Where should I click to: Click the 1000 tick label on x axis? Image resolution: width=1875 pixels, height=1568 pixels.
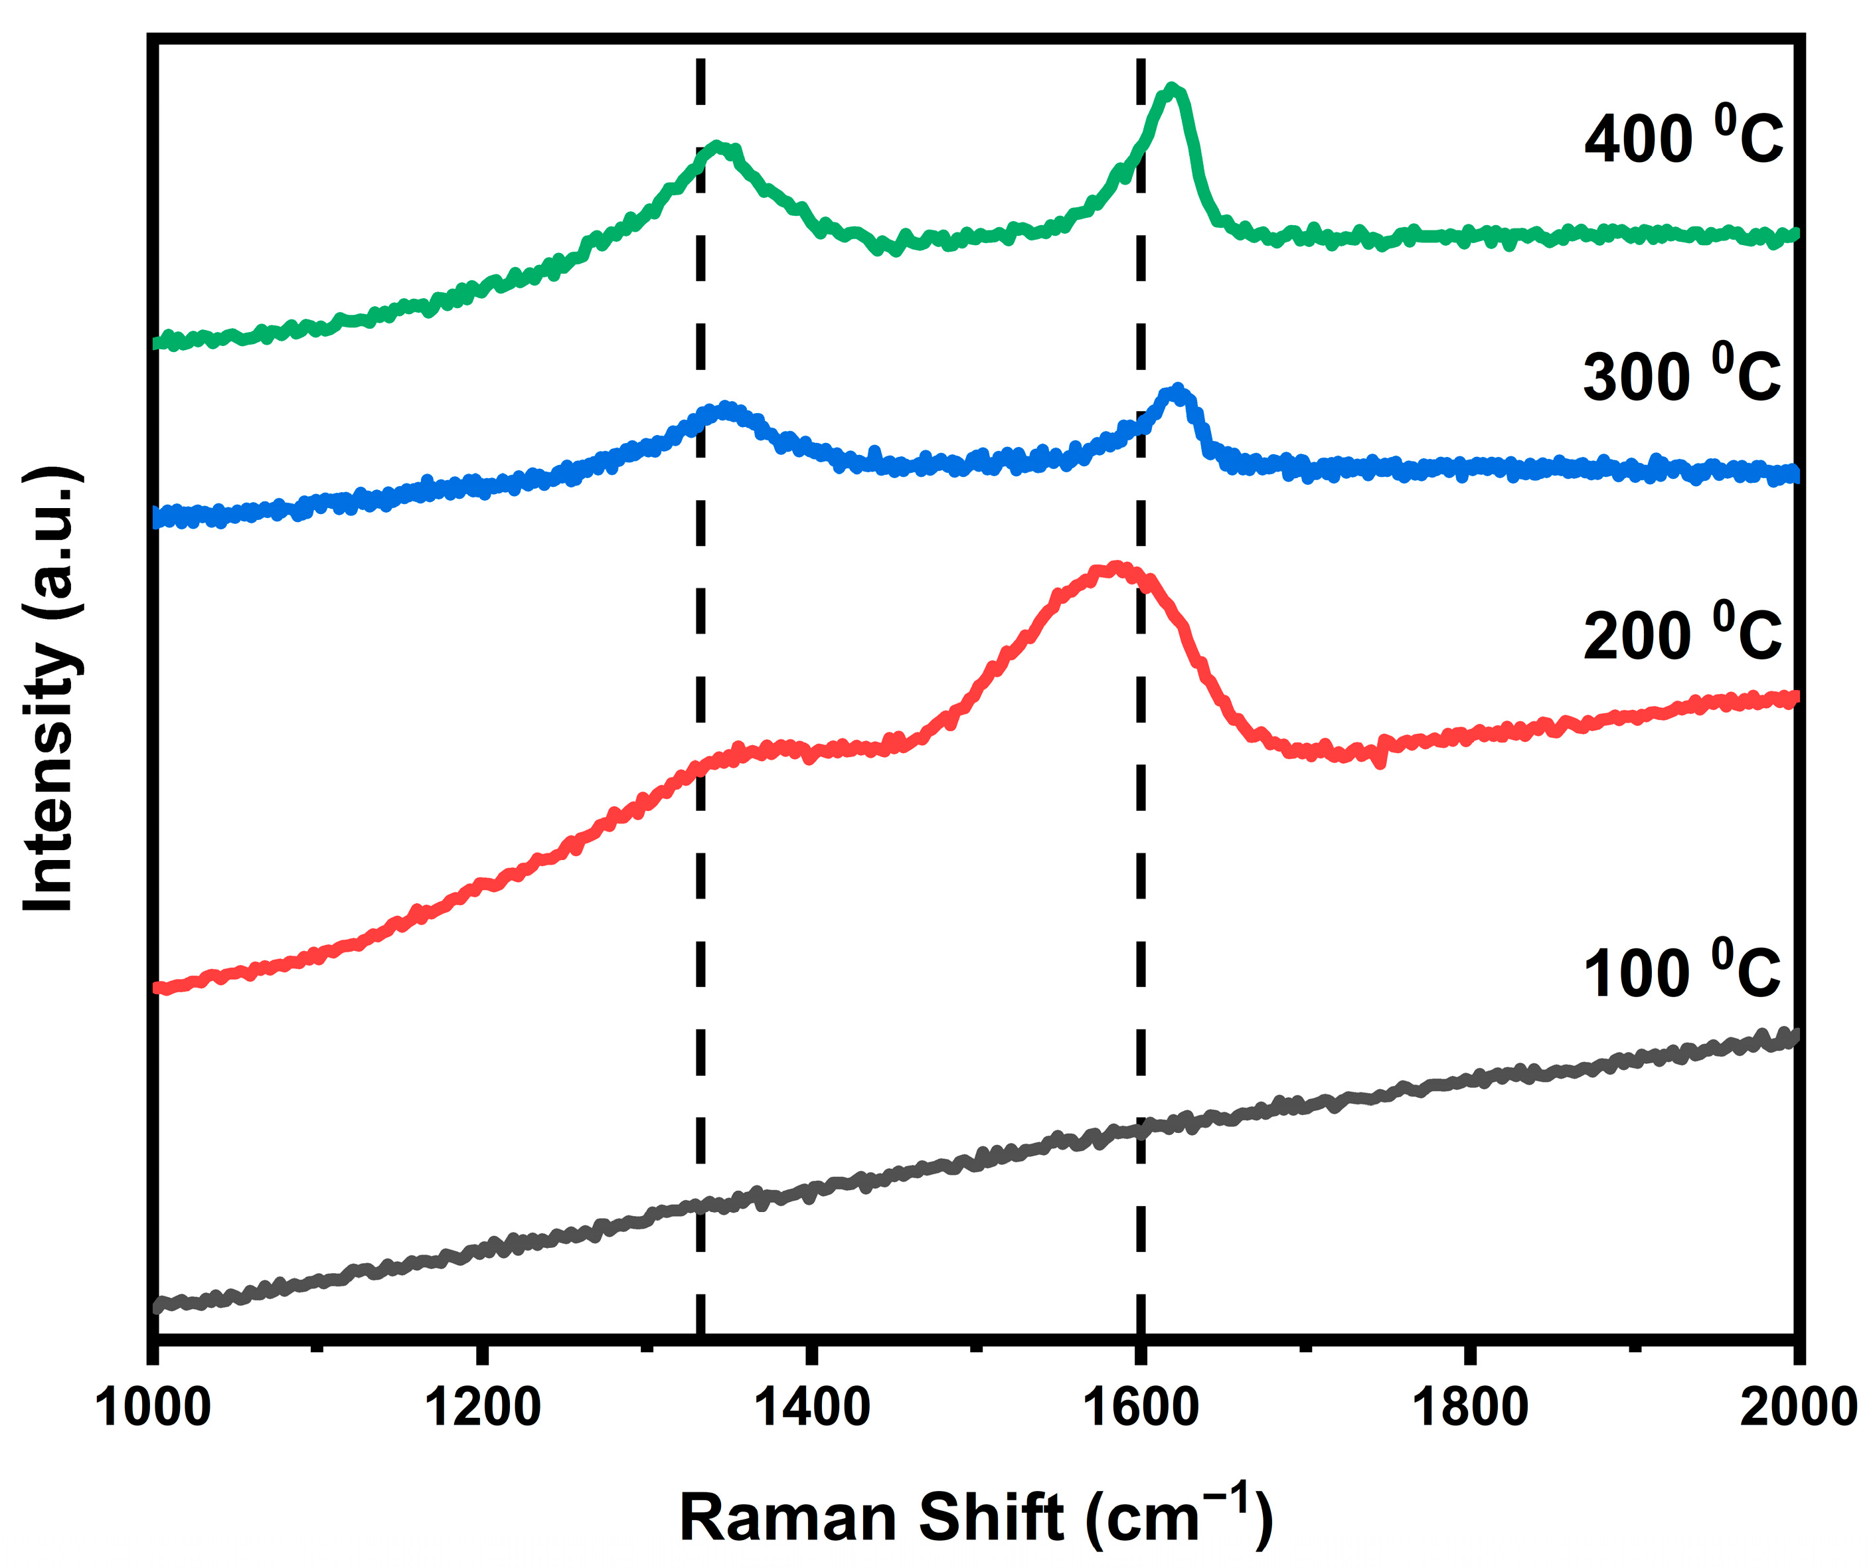[153, 1407]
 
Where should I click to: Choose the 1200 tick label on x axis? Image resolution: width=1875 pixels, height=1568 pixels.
[482, 1407]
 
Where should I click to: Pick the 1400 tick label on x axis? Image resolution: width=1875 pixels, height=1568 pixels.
[811, 1407]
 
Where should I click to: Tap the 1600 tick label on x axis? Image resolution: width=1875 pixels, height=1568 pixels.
[1140, 1407]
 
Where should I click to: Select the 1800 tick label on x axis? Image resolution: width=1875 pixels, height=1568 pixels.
[1469, 1407]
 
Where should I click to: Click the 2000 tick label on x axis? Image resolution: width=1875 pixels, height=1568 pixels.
[1797, 1407]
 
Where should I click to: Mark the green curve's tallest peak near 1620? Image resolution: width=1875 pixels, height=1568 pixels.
[1173, 89]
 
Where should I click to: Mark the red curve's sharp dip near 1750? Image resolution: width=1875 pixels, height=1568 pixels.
[1380, 762]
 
